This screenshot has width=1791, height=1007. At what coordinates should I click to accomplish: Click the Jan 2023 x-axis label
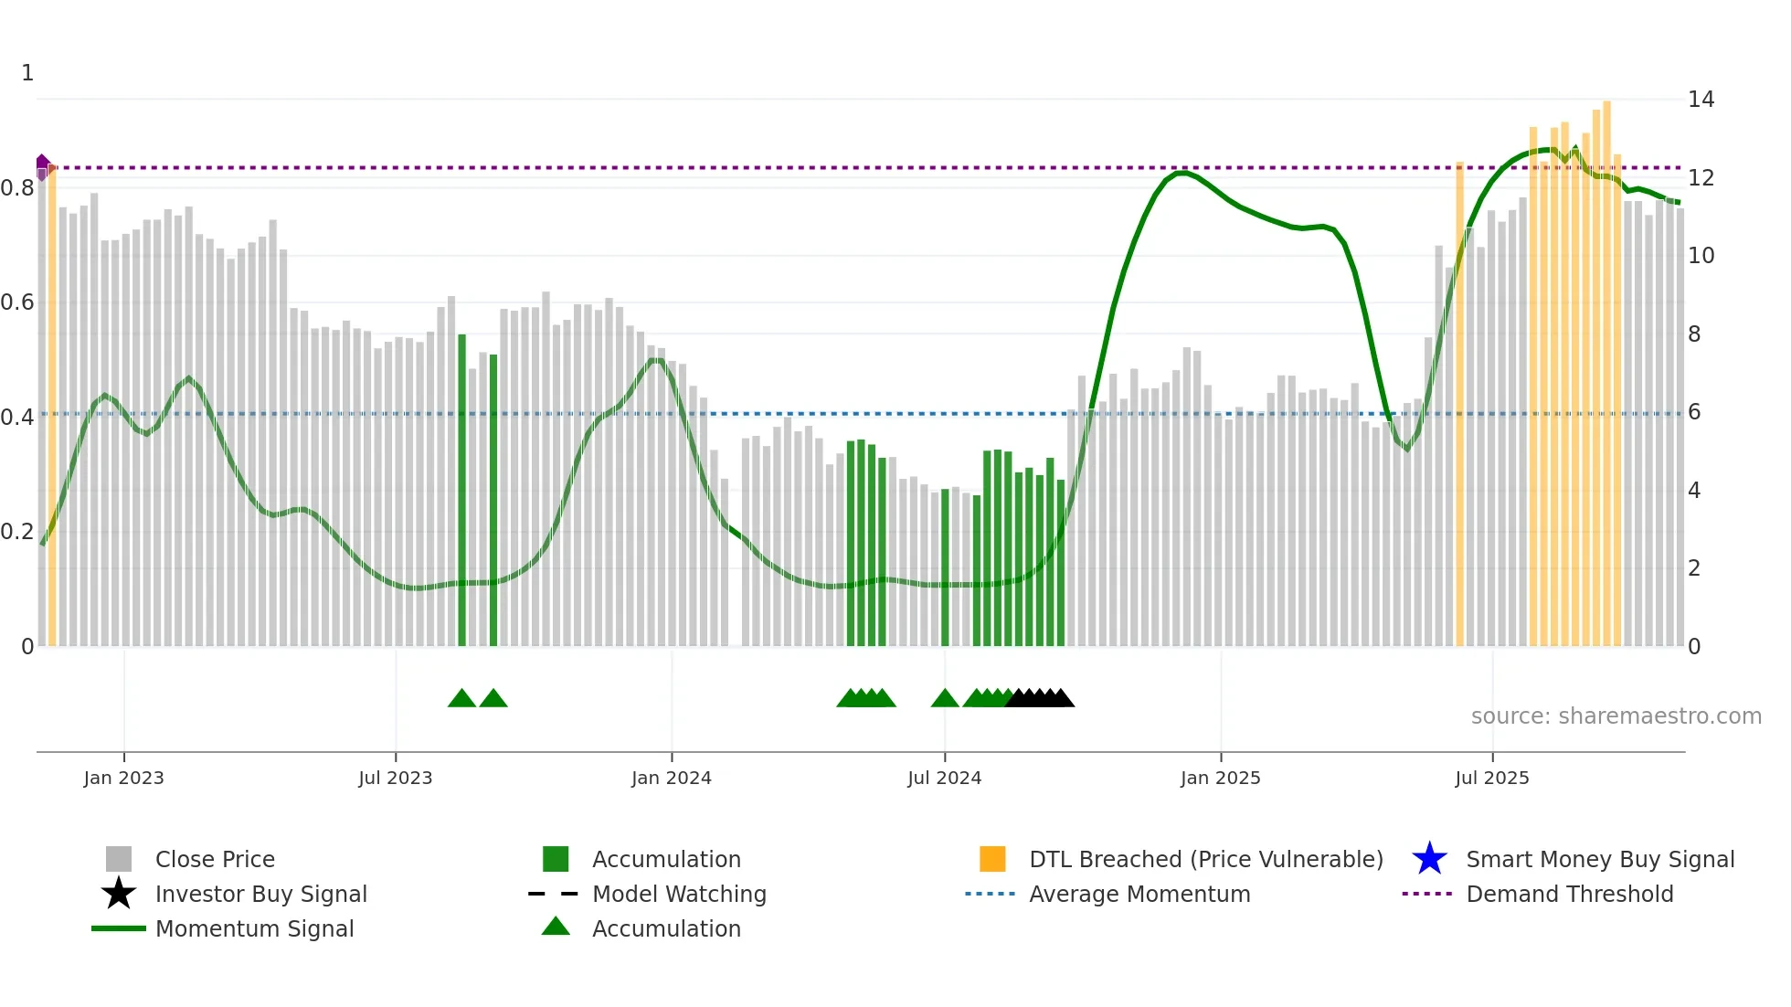(123, 778)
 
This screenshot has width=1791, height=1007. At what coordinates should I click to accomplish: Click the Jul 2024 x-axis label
(944, 778)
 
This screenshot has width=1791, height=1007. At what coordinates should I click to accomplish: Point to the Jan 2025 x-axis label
(1220, 778)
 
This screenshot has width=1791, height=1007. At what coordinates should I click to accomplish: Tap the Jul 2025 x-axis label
(1491, 778)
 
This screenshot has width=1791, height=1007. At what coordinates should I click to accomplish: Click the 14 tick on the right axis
(1701, 100)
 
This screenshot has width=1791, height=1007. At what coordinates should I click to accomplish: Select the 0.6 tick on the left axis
(17, 302)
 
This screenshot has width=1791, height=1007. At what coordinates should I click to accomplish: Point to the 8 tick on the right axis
(1694, 334)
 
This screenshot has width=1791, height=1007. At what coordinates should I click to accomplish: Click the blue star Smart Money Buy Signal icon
(1429, 859)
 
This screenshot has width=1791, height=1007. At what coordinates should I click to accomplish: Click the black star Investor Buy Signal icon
(119, 894)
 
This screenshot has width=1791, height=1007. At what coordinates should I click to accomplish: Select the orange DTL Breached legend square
(992, 859)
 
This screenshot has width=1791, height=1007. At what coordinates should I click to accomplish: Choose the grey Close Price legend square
(119, 859)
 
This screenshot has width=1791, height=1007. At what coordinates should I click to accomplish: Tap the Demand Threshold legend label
(1569, 894)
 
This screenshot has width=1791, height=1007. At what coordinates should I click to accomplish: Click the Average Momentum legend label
(1139, 894)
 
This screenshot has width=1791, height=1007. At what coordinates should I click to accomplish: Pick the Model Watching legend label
(679, 894)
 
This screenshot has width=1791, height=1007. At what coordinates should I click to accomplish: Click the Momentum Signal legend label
(254, 928)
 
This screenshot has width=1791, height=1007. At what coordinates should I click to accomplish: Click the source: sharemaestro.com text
(1616, 716)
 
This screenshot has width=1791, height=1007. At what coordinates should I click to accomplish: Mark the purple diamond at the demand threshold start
(42, 164)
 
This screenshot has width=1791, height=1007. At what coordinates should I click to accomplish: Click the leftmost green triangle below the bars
(461, 699)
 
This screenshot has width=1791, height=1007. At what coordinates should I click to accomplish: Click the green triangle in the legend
(556, 927)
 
